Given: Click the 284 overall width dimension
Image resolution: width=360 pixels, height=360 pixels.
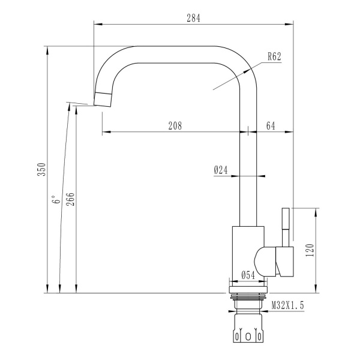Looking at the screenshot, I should [x=193, y=18].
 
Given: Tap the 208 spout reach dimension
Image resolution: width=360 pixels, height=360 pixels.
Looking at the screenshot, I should [x=175, y=125].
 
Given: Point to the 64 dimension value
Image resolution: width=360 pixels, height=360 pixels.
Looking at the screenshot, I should [x=270, y=125].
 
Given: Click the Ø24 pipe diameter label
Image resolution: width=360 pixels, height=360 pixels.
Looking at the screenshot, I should [x=221, y=170].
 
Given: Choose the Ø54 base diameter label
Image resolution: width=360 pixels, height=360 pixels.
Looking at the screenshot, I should [x=248, y=275].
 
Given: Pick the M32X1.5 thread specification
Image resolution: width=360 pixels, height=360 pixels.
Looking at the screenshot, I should [x=288, y=306].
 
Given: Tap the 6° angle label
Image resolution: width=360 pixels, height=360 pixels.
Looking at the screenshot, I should [x=55, y=200].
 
